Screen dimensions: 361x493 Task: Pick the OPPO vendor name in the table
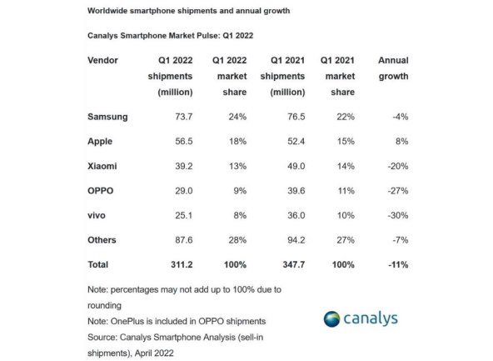pos(101,190)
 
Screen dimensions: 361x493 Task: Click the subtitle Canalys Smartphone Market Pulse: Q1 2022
pos(170,37)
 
